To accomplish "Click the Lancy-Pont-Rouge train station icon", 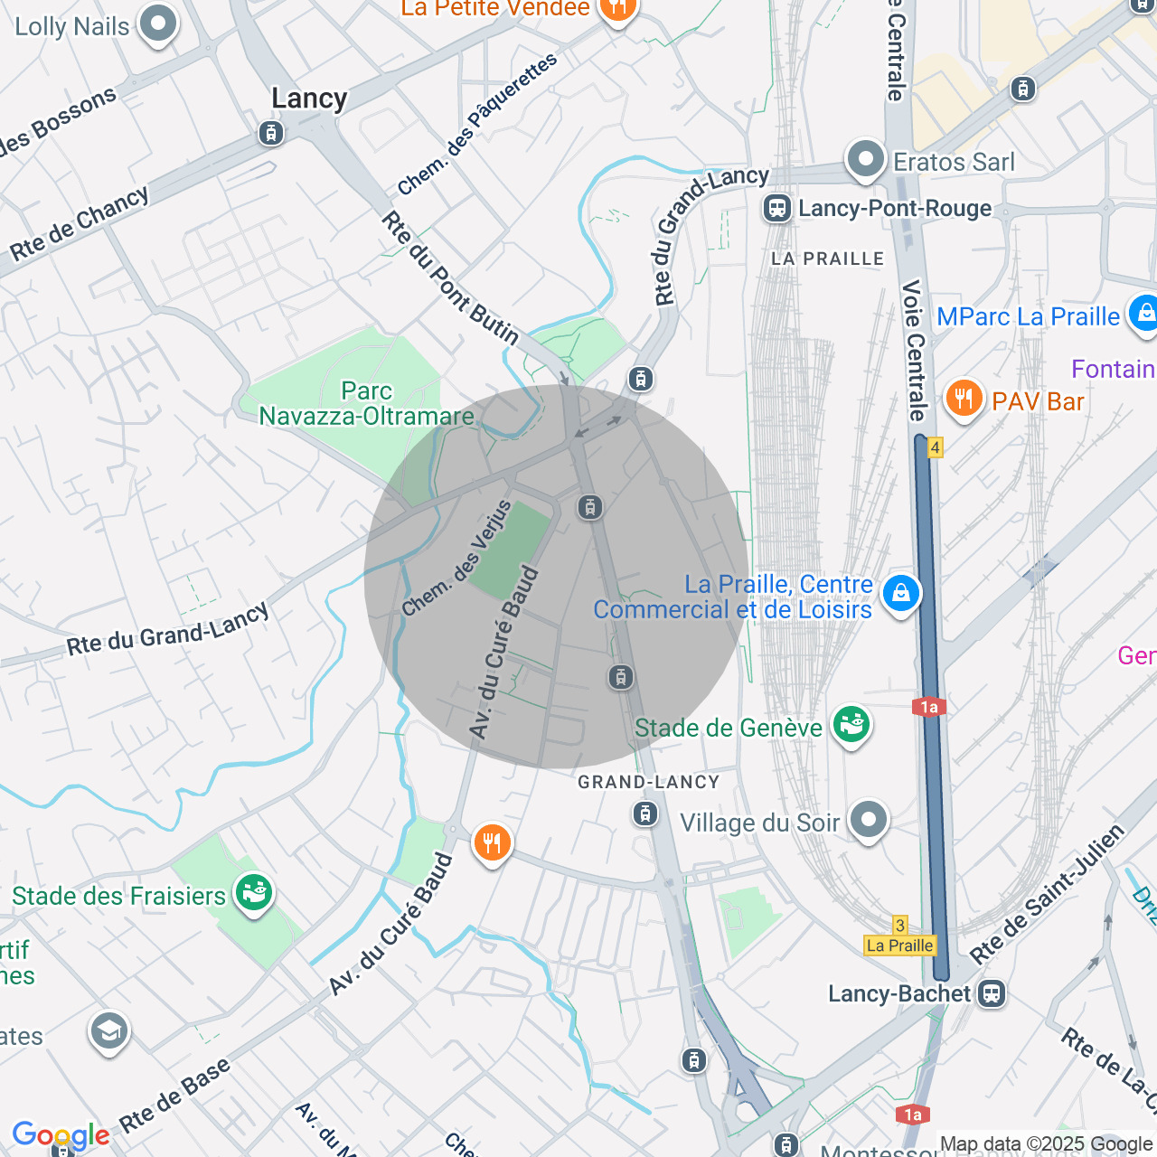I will [776, 208].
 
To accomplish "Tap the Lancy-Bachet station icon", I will [992, 993].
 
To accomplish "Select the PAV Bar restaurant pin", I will [964, 399].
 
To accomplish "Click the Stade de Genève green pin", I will [851, 725].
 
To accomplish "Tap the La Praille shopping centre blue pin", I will [900, 594].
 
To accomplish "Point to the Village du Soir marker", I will [869, 821].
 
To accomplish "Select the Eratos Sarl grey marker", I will [865, 160].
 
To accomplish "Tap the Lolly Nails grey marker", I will [158, 24].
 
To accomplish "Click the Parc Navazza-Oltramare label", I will [366, 404].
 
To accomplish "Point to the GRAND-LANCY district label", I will [648, 782].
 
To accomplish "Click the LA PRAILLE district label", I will [827, 259].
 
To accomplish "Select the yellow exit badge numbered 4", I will [935, 447].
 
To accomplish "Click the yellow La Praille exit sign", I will [899, 945].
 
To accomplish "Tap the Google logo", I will [61, 1135].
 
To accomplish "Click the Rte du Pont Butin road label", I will [449, 278].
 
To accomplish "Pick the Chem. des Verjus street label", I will [456, 560].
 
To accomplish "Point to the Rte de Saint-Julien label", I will [1047, 894].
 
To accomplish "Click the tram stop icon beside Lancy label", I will [270, 133].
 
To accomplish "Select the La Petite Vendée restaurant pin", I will [617, 9].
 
